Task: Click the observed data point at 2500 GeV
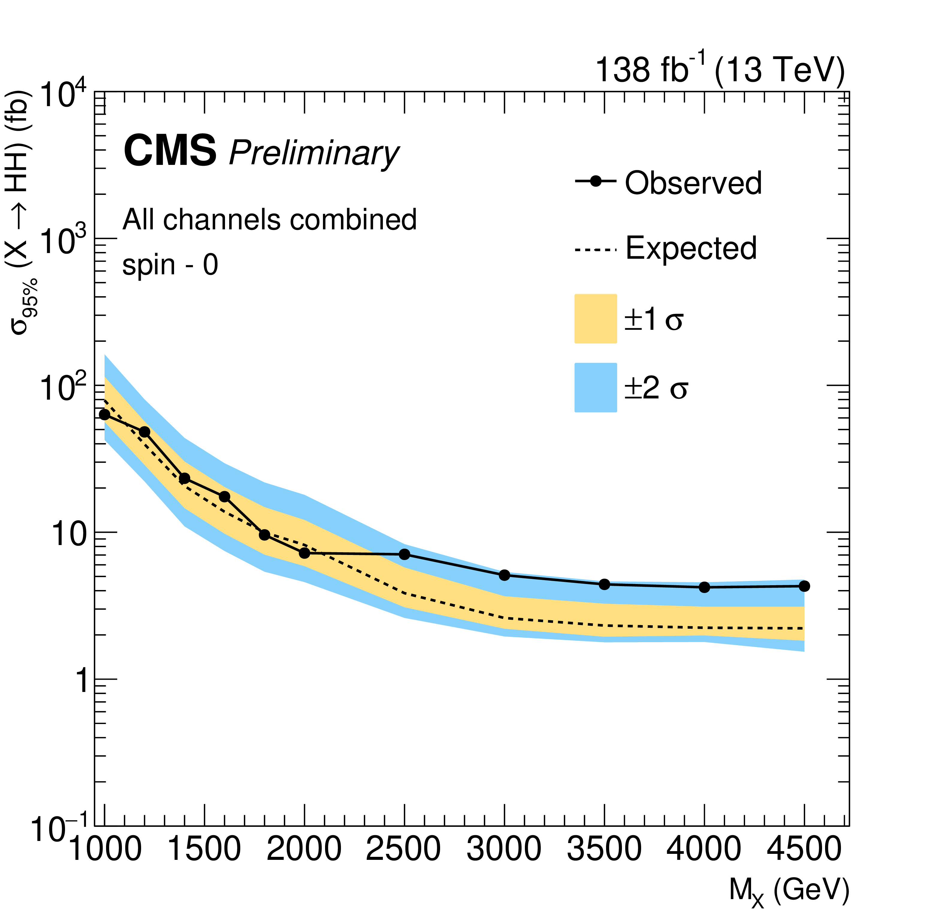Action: point(405,554)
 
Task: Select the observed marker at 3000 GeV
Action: point(505,575)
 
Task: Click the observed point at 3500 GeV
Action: point(604,584)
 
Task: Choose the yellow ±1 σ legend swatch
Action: point(596,319)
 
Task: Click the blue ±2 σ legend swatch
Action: point(596,388)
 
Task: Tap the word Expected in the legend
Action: point(691,249)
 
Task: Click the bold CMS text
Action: point(170,151)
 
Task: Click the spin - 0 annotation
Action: point(170,265)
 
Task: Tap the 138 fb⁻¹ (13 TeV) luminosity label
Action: point(720,70)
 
